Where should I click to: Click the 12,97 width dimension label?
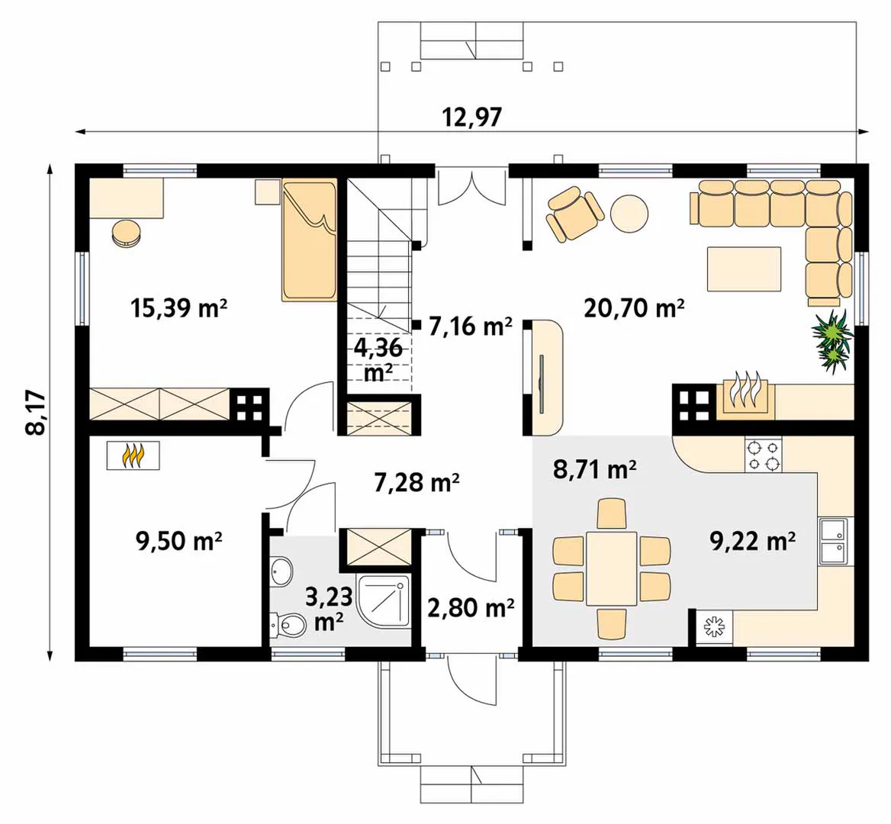coord(472,117)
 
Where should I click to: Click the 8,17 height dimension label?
coord(36,412)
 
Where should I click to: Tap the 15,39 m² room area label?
coord(179,308)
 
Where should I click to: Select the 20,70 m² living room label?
coord(634,308)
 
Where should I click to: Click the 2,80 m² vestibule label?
coord(471,608)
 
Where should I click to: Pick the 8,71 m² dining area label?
coord(594,469)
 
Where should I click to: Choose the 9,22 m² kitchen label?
coord(752,540)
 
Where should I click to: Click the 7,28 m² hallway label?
coord(417,482)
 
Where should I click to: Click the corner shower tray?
coord(384,600)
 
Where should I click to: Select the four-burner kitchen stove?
coord(763,455)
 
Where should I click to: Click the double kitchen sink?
coord(832,542)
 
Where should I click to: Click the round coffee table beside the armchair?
coord(629,214)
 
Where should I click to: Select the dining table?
coord(612,568)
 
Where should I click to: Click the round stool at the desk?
coord(126,233)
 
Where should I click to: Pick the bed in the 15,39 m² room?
coord(309,240)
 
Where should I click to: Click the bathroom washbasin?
coord(281,571)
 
